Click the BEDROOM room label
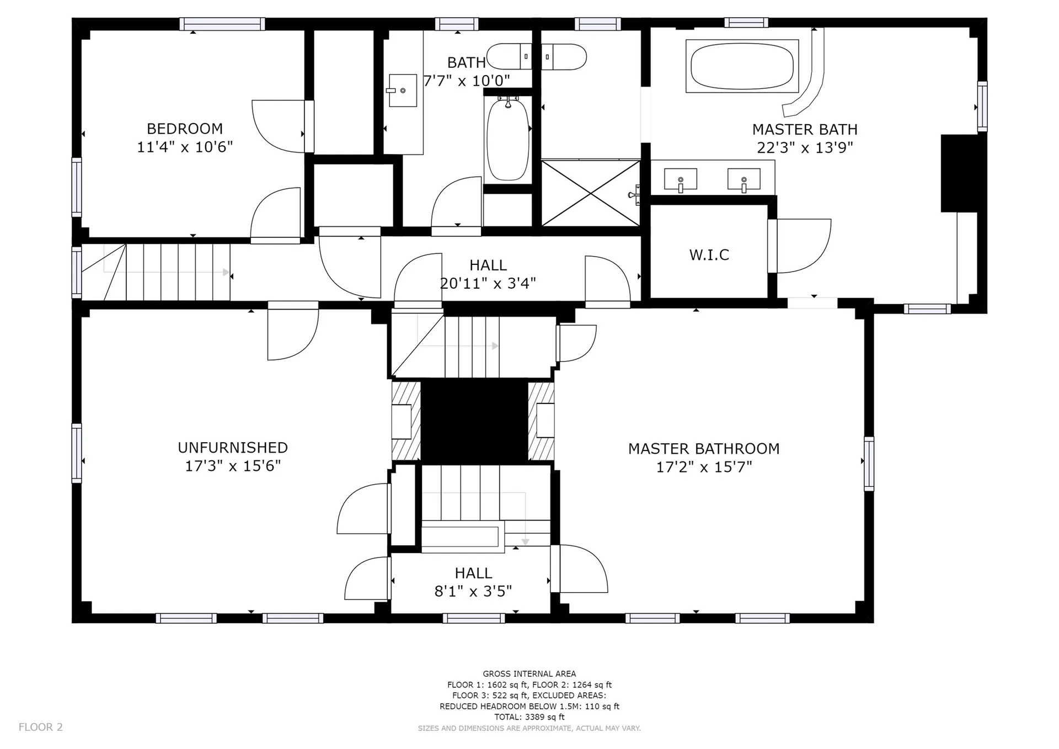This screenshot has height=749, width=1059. pos(185,129)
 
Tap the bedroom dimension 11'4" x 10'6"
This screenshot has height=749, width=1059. pos(185,147)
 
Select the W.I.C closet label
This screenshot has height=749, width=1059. pos(709,254)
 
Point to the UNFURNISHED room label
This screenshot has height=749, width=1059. pos(233,448)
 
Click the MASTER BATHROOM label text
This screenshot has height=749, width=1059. pos(704,449)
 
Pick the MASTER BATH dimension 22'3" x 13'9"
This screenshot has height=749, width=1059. pos(805,147)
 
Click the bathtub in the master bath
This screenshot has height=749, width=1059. pos(742,66)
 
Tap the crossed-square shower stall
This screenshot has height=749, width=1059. pos(591,193)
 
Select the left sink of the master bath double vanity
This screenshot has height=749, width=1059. pos(681,180)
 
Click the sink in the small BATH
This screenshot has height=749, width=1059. pos(403,91)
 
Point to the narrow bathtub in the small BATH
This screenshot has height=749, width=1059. pos(507,139)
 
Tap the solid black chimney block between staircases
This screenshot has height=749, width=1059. pos(474,422)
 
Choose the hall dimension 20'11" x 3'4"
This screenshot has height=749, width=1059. pos(488,284)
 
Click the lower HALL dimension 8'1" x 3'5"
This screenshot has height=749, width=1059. pos(473,592)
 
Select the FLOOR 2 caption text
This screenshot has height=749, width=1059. pos(41,727)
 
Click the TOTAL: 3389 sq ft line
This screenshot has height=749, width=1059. pos(529,717)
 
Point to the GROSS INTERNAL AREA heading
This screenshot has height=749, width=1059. pos(529,674)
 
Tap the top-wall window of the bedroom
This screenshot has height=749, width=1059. pos(222,24)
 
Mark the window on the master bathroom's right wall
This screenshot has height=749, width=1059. pos(869,464)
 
